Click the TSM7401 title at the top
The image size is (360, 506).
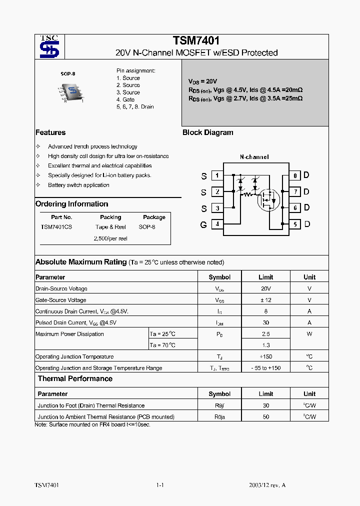pyautogui.click(x=196, y=41)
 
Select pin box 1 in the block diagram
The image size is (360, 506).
pyautogui.click(x=217, y=175)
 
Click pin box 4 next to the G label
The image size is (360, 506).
pyautogui.click(x=217, y=224)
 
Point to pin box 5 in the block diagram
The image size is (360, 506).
pyautogui.click(x=295, y=224)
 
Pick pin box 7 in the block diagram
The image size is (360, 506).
pyautogui.click(x=295, y=191)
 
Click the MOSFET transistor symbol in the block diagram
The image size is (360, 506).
pyautogui.click(x=266, y=200)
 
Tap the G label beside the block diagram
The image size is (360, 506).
pyautogui.click(x=203, y=225)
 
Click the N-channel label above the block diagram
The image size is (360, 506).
pyautogui.click(x=254, y=157)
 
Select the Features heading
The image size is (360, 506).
pyautogui.click(x=50, y=132)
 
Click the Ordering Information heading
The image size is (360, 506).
pyautogui.click(x=71, y=204)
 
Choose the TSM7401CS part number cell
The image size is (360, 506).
pyautogui.click(x=56, y=227)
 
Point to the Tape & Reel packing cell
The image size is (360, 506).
pyautogui.click(x=110, y=227)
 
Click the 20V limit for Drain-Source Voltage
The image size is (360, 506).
pyautogui.click(x=266, y=288)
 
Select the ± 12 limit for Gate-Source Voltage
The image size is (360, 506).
pyautogui.click(x=266, y=300)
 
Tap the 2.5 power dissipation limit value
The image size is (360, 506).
pyautogui.click(x=266, y=334)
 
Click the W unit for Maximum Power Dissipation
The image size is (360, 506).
pyautogui.click(x=309, y=334)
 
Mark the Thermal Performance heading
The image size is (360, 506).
pyautogui.click(x=75, y=379)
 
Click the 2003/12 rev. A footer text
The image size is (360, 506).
pyautogui.click(x=267, y=485)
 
